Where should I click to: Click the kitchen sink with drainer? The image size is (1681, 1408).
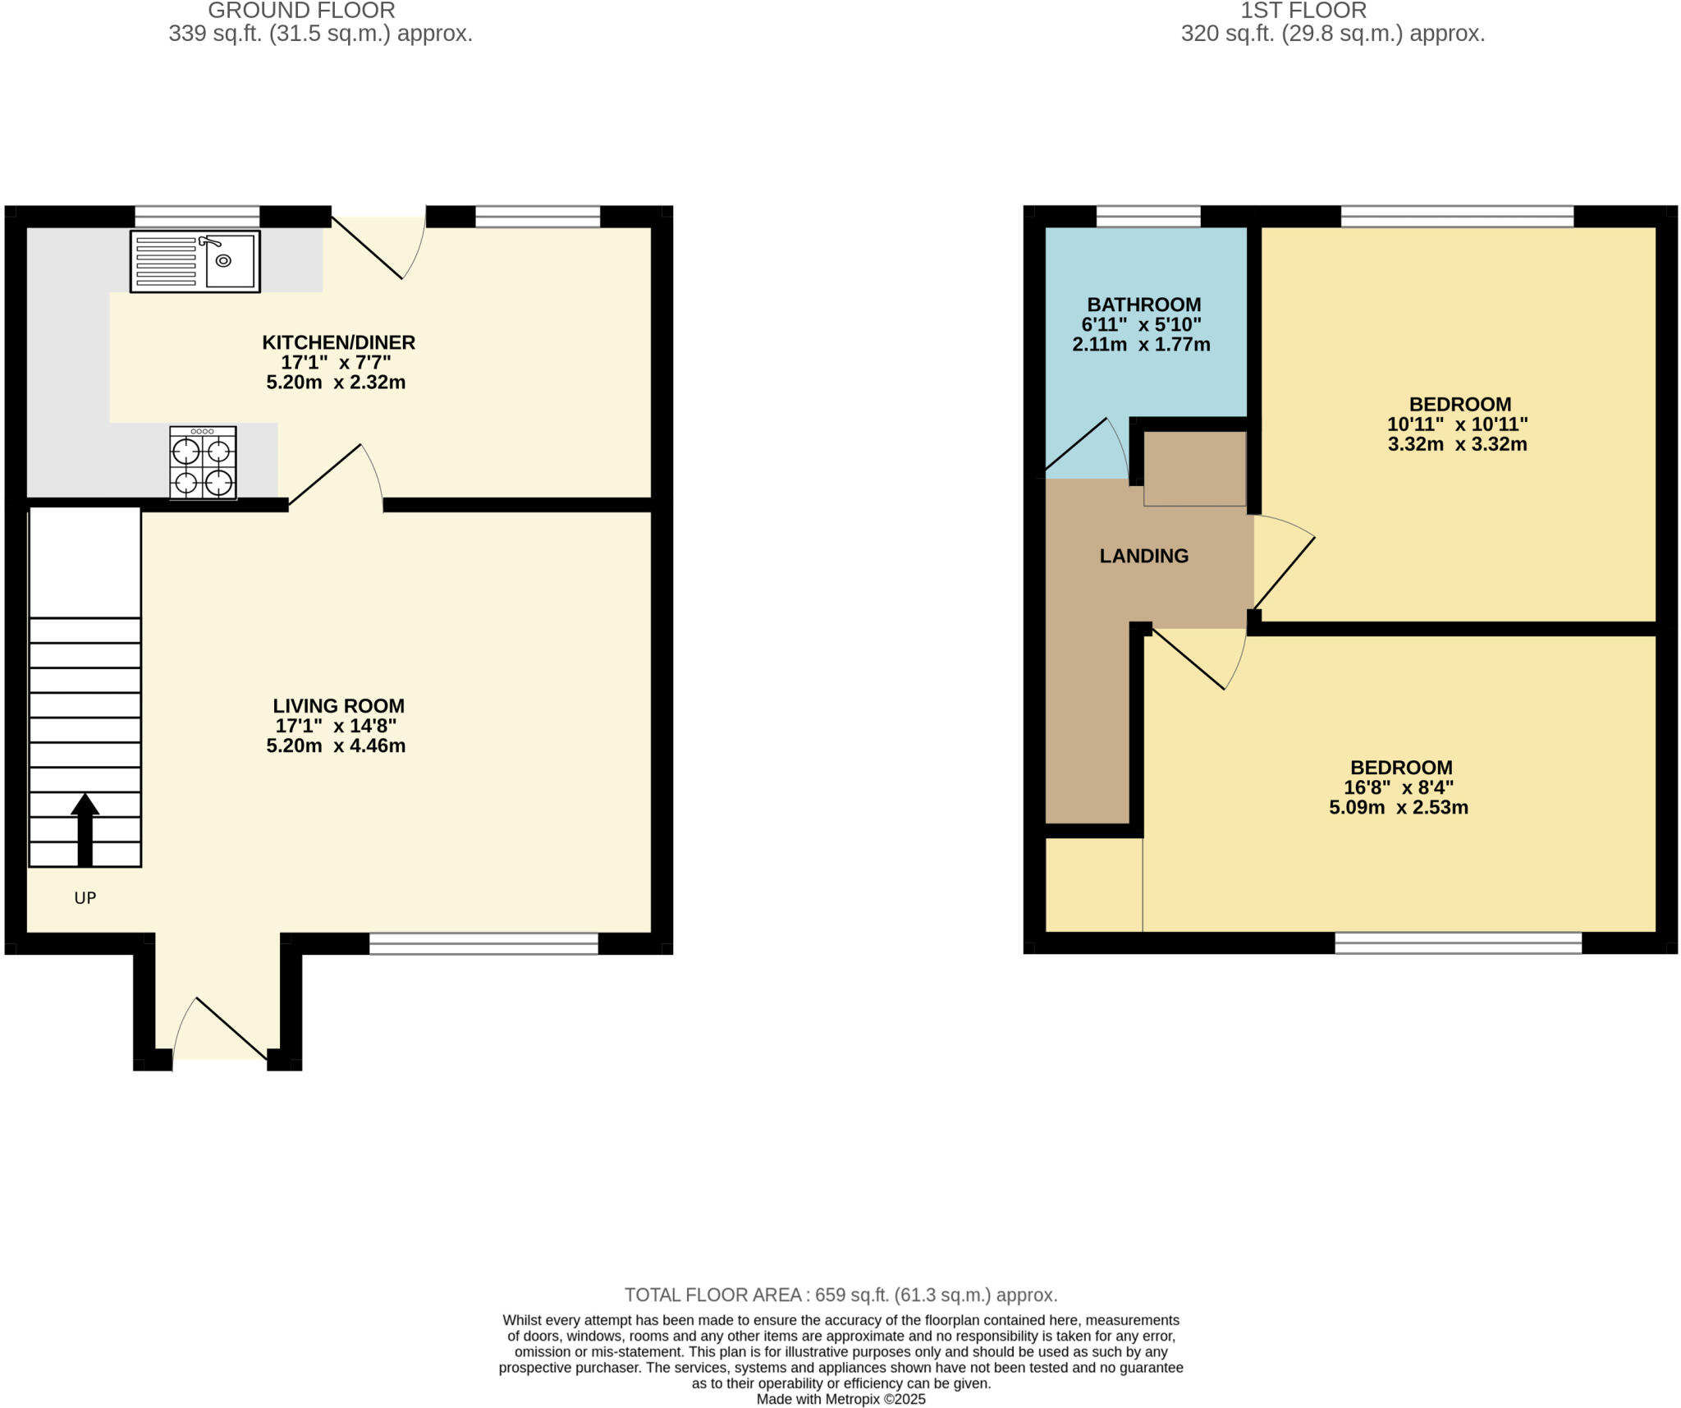pos(195,261)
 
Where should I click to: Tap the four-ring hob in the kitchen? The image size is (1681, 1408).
pos(203,463)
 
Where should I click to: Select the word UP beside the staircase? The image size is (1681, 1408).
pos(85,898)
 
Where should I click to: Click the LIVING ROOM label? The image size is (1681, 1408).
pos(338,706)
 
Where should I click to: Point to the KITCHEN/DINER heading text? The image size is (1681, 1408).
pos(338,342)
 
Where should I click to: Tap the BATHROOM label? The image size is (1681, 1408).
pos(1143,305)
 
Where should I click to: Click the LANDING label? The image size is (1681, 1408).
pos(1143,556)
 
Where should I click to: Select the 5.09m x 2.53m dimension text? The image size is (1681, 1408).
pos(1399,807)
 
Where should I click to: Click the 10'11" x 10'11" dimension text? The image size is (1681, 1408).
pos(1457,424)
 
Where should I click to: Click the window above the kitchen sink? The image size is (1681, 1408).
pos(197,217)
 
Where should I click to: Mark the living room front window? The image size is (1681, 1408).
pos(483,943)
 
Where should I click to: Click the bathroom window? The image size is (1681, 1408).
pos(1147,217)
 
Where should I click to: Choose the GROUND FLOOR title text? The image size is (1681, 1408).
pos(301,11)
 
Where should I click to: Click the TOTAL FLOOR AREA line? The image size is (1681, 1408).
pos(840,1295)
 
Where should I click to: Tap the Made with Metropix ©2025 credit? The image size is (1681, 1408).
pos(840,1399)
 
